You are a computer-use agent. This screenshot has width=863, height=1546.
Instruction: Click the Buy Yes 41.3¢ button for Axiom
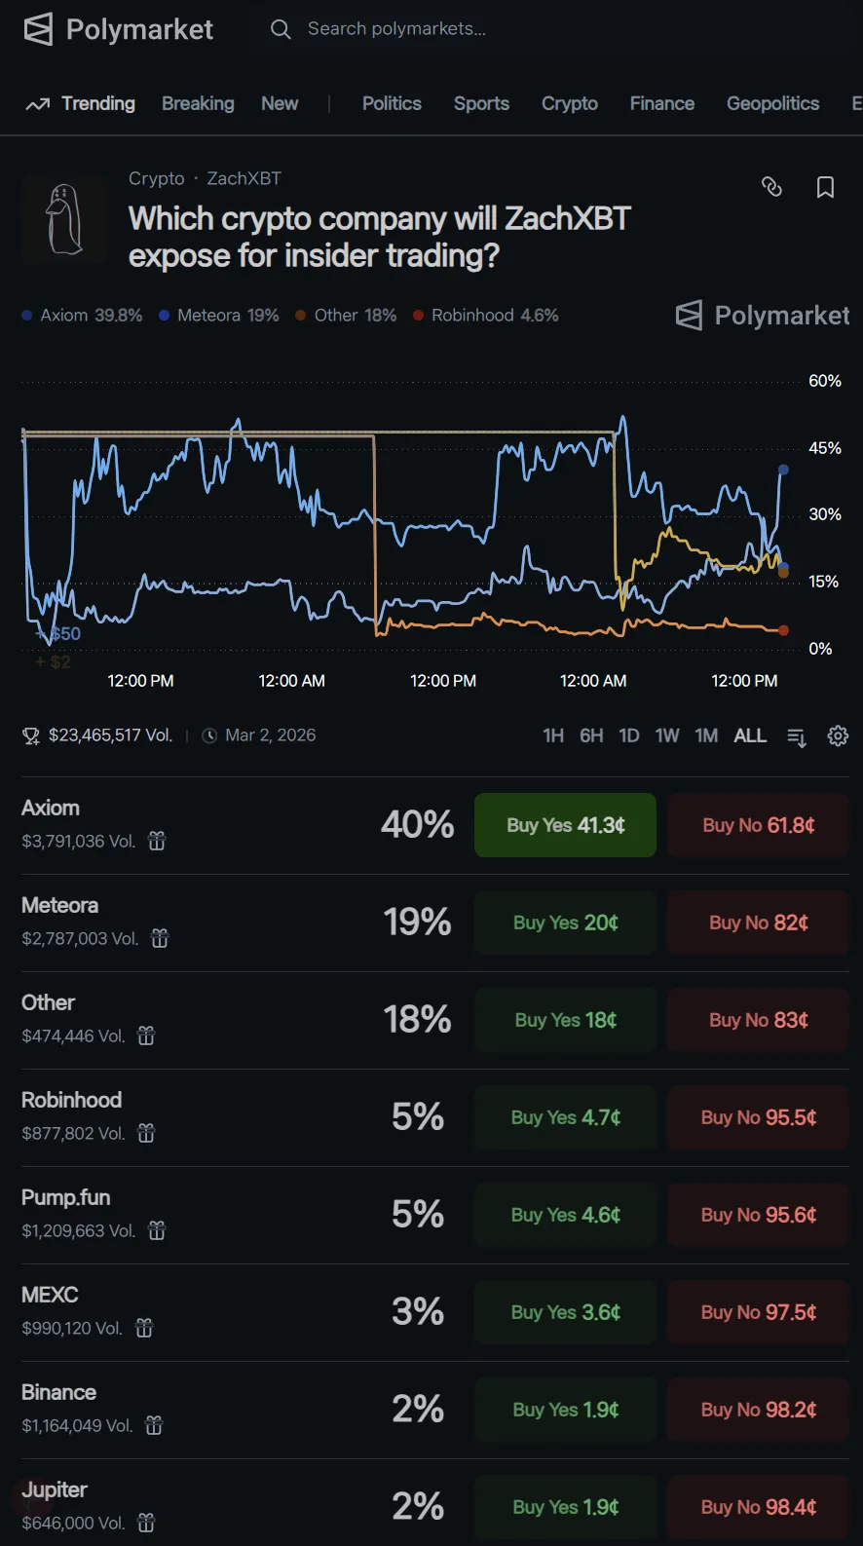pyautogui.click(x=565, y=825)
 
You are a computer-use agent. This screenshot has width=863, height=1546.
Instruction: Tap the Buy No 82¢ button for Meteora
pyautogui.click(x=758, y=923)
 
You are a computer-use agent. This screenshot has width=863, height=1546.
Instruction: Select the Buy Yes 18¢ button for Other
pyautogui.click(x=565, y=1020)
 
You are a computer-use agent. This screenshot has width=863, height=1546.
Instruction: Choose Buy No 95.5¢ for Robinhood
pyautogui.click(x=758, y=1117)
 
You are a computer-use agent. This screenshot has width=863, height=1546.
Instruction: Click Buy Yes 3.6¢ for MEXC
pyautogui.click(x=565, y=1312)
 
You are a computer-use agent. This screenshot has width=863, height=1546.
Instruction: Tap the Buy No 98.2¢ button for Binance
pyautogui.click(x=758, y=1410)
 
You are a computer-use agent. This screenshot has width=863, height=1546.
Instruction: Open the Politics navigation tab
pyautogui.click(x=392, y=103)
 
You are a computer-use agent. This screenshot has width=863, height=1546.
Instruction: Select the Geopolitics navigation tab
pyautogui.click(x=772, y=103)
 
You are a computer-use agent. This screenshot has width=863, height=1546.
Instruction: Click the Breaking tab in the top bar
pyautogui.click(x=198, y=103)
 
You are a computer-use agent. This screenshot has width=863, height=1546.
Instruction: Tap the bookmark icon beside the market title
pyautogui.click(x=825, y=187)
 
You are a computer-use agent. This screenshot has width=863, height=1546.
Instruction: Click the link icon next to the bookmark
pyautogui.click(x=771, y=187)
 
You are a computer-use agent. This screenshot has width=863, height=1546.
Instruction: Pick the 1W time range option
pyautogui.click(x=667, y=735)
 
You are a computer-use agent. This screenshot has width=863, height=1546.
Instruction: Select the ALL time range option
pyautogui.click(x=750, y=735)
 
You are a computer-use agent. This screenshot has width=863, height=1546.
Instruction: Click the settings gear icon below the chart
pyautogui.click(x=838, y=735)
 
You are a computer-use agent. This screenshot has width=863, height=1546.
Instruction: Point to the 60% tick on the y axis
pyautogui.click(x=824, y=381)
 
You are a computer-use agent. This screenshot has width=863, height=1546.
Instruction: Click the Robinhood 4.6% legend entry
pyautogui.click(x=486, y=316)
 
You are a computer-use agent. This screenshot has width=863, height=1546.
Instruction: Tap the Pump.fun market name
pyautogui.click(x=66, y=1197)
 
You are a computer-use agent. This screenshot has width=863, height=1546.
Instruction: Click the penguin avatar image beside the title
pyautogui.click(x=64, y=219)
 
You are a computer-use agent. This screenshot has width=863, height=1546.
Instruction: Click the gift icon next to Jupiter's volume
pyautogui.click(x=146, y=1523)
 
